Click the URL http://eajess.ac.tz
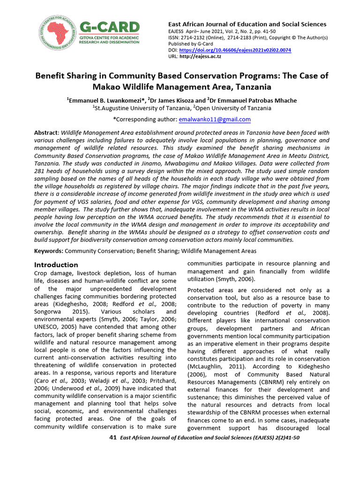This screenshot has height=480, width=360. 201,56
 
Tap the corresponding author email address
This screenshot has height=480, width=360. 214,120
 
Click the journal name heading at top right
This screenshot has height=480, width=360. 247,24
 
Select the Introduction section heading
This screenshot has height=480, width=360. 56,265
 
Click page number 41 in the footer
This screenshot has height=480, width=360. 112,437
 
